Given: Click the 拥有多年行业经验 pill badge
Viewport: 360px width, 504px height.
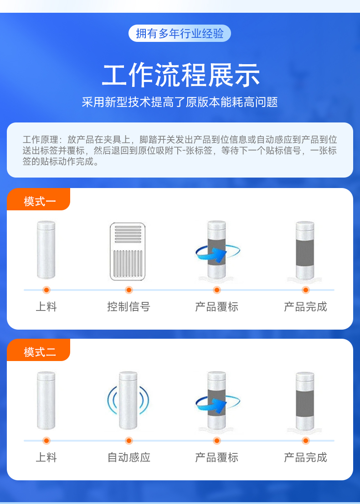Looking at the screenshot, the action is [x=180, y=33].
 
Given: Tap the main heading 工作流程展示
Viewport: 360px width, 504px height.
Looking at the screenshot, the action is [x=180, y=75].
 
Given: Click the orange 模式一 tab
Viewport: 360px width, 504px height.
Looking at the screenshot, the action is [x=39, y=199].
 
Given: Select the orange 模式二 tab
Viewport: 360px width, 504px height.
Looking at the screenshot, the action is [x=39, y=351].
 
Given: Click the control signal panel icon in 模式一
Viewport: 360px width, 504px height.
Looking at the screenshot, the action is [x=128, y=251].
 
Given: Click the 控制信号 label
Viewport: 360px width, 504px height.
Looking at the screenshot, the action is [x=129, y=307].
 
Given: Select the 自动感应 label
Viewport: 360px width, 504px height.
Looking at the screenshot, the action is [x=129, y=457].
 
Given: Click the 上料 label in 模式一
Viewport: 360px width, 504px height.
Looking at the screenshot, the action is [x=46, y=307].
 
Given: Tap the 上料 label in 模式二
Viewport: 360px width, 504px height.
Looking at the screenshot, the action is [x=46, y=457].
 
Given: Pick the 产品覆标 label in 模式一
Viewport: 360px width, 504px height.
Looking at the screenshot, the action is [x=217, y=307].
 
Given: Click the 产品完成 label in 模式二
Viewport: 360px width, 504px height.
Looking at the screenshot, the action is [x=306, y=457].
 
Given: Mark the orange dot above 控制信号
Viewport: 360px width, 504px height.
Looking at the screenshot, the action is [x=129, y=290].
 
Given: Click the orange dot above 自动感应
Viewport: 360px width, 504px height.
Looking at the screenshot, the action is [x=129, y=441].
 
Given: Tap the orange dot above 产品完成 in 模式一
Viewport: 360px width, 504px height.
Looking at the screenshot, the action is [x=306, y=290].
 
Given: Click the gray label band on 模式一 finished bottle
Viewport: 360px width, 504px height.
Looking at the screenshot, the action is [x=305, y=253].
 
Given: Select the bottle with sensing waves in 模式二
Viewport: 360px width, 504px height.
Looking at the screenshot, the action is [x=128, y=400].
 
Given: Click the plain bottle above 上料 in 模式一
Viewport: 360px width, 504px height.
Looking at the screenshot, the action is [x=46, y=250].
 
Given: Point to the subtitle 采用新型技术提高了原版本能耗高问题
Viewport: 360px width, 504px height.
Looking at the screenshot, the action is [x=180, y=102].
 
